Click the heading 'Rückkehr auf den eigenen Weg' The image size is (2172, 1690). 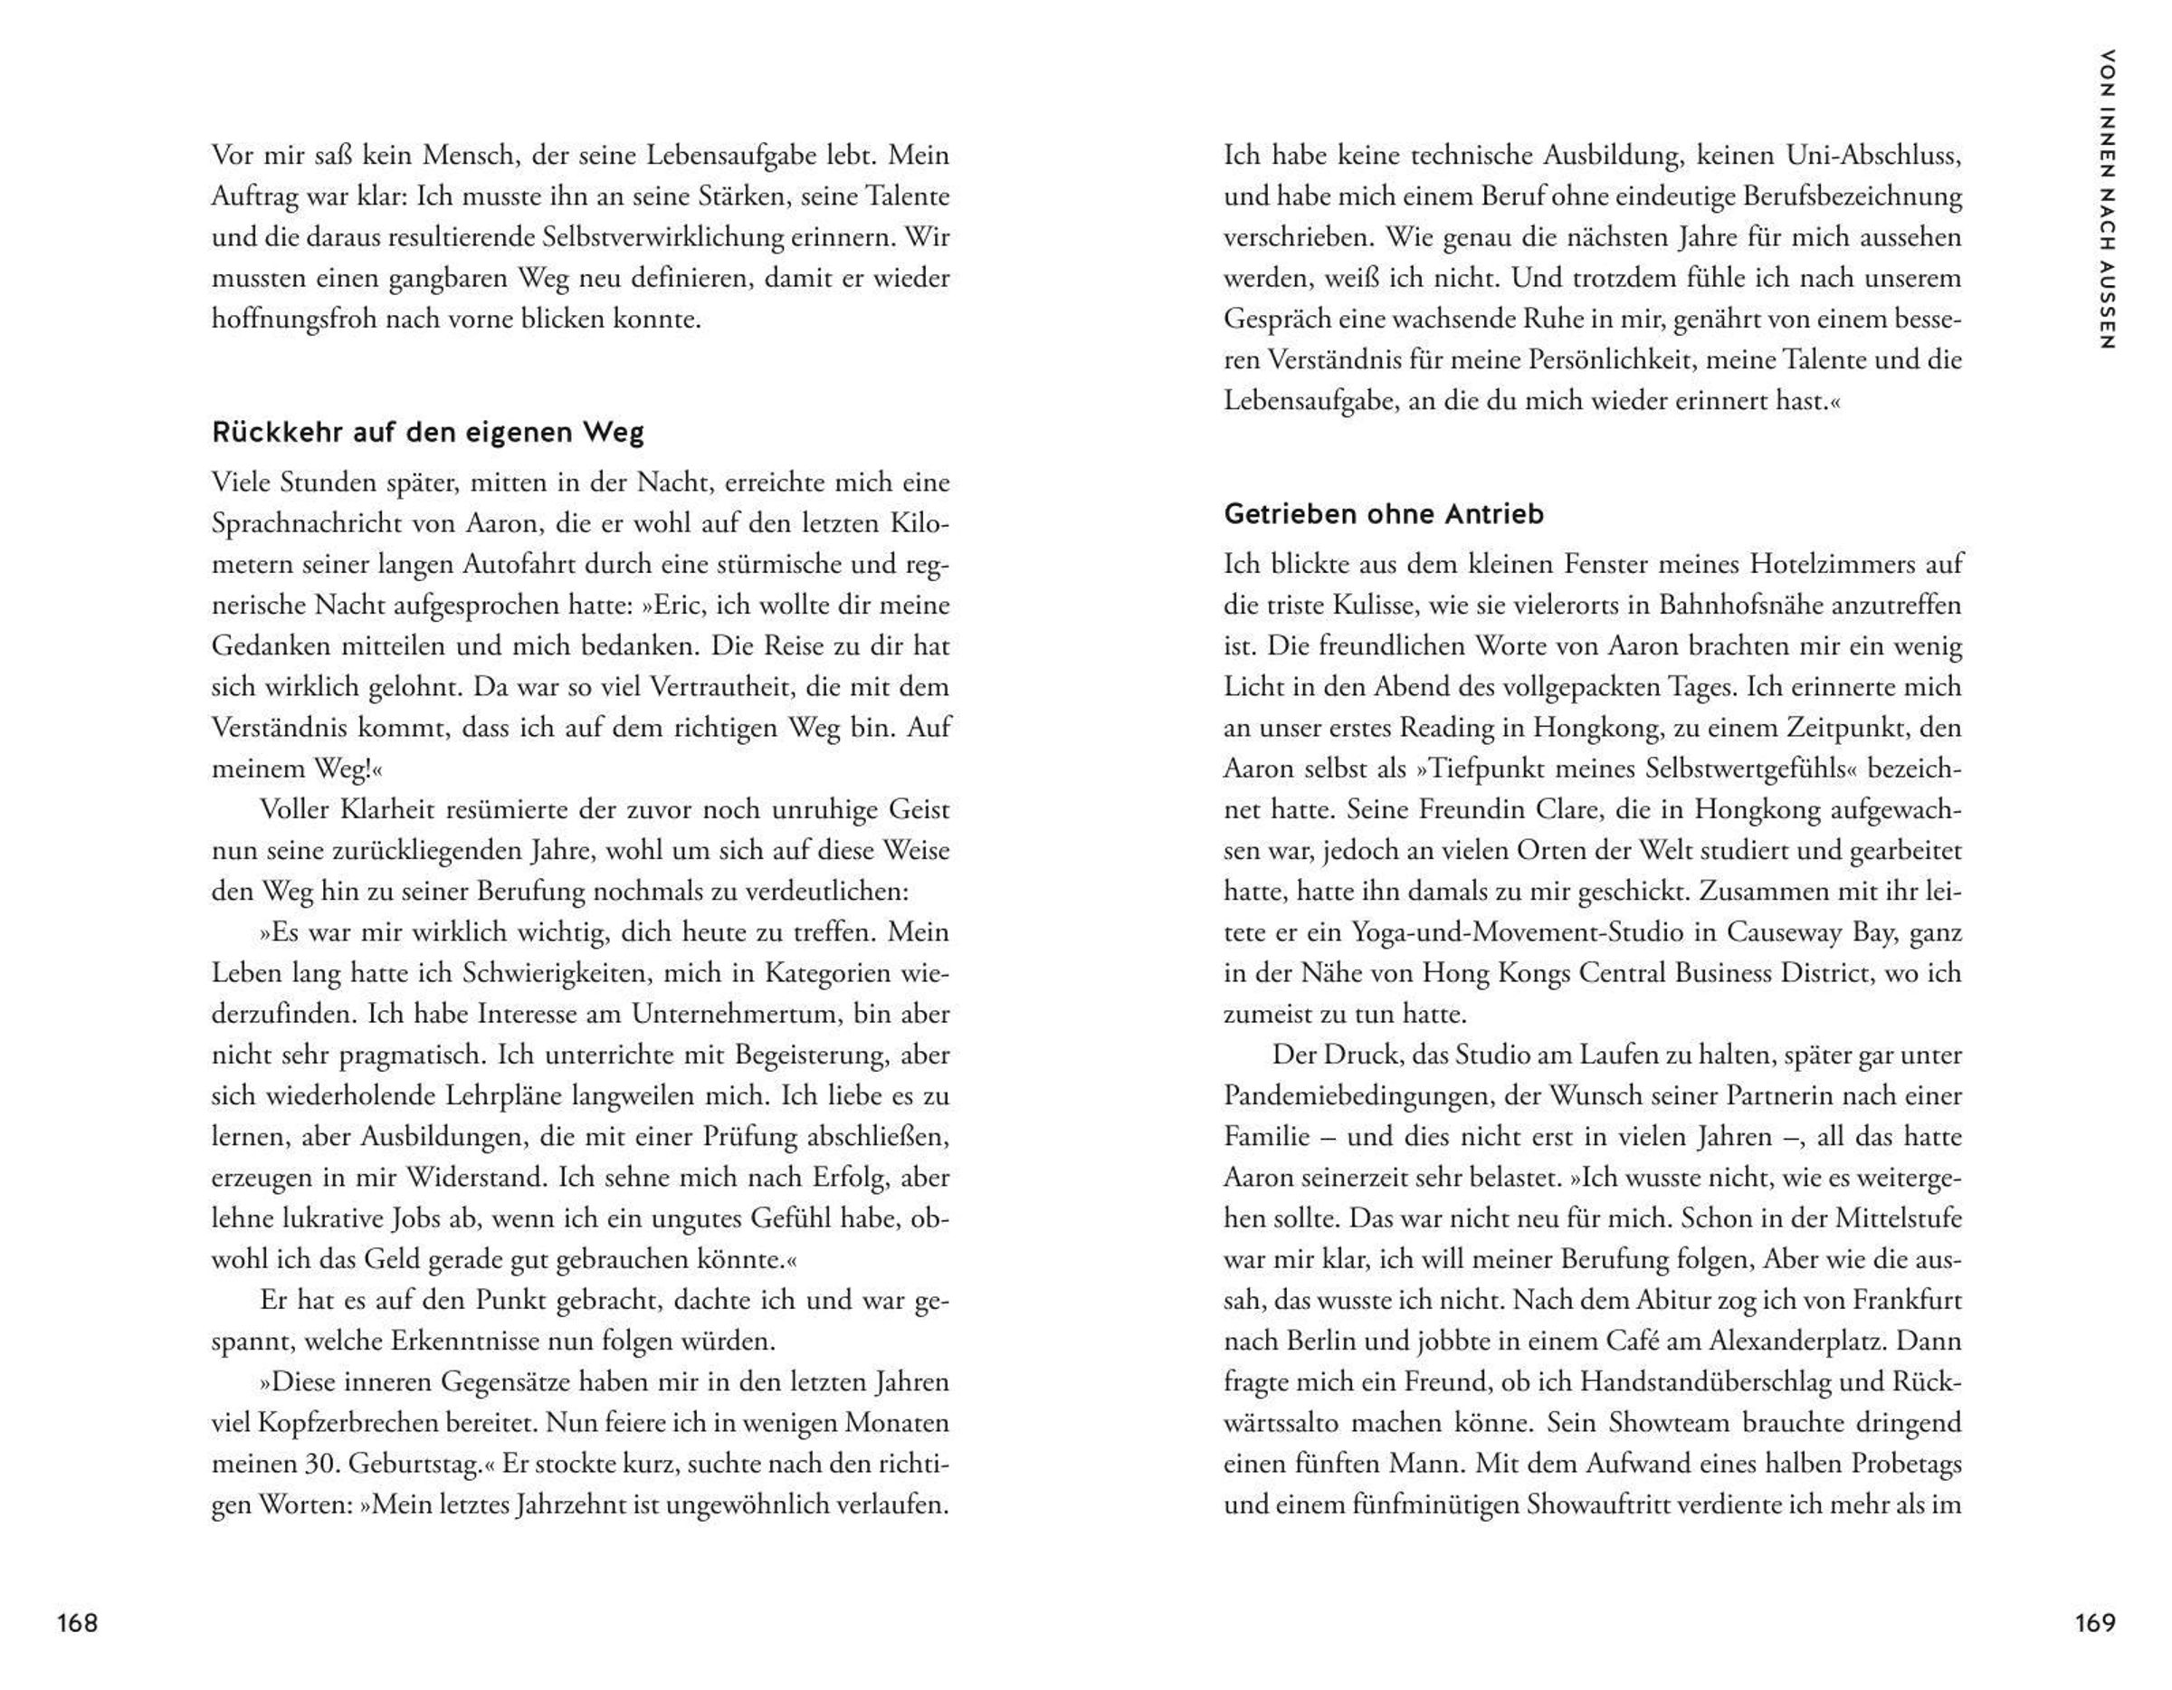[428, 433]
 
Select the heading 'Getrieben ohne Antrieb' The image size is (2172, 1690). [1384, 514]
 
